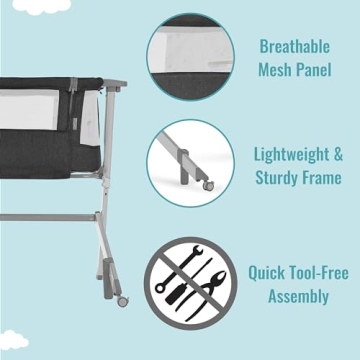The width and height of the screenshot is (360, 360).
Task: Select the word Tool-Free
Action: tap(317, 270)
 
